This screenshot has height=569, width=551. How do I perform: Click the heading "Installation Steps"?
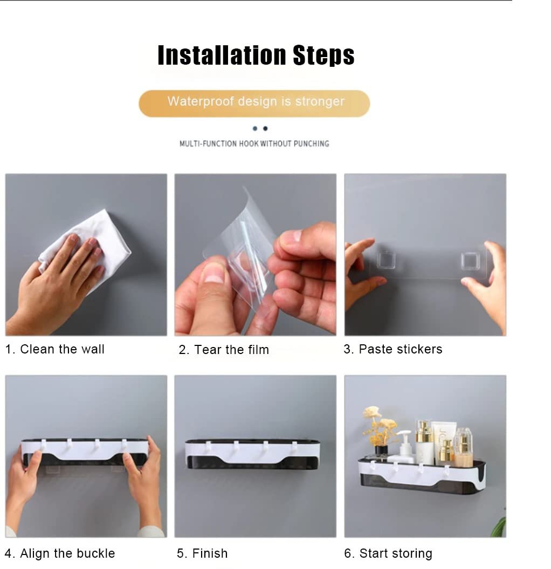(256, 55)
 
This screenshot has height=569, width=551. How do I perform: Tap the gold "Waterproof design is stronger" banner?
(254, 103)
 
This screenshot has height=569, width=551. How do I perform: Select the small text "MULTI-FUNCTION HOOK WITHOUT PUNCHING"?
(254, 144)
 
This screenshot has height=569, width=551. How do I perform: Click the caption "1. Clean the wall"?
(55, 349)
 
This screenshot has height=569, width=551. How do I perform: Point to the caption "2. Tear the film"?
(224, 350)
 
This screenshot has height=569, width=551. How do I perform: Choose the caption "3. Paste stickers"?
(392, 349)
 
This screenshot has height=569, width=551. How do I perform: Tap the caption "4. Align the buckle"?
(60, 553)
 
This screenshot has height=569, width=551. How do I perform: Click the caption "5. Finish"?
(202, 553)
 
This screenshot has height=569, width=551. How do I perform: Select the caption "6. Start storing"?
(388, 553)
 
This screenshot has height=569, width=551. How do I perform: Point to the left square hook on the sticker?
(385, 260)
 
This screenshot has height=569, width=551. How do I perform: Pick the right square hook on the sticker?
(471, 261)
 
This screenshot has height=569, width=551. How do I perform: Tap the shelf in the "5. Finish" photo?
(253, 454)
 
